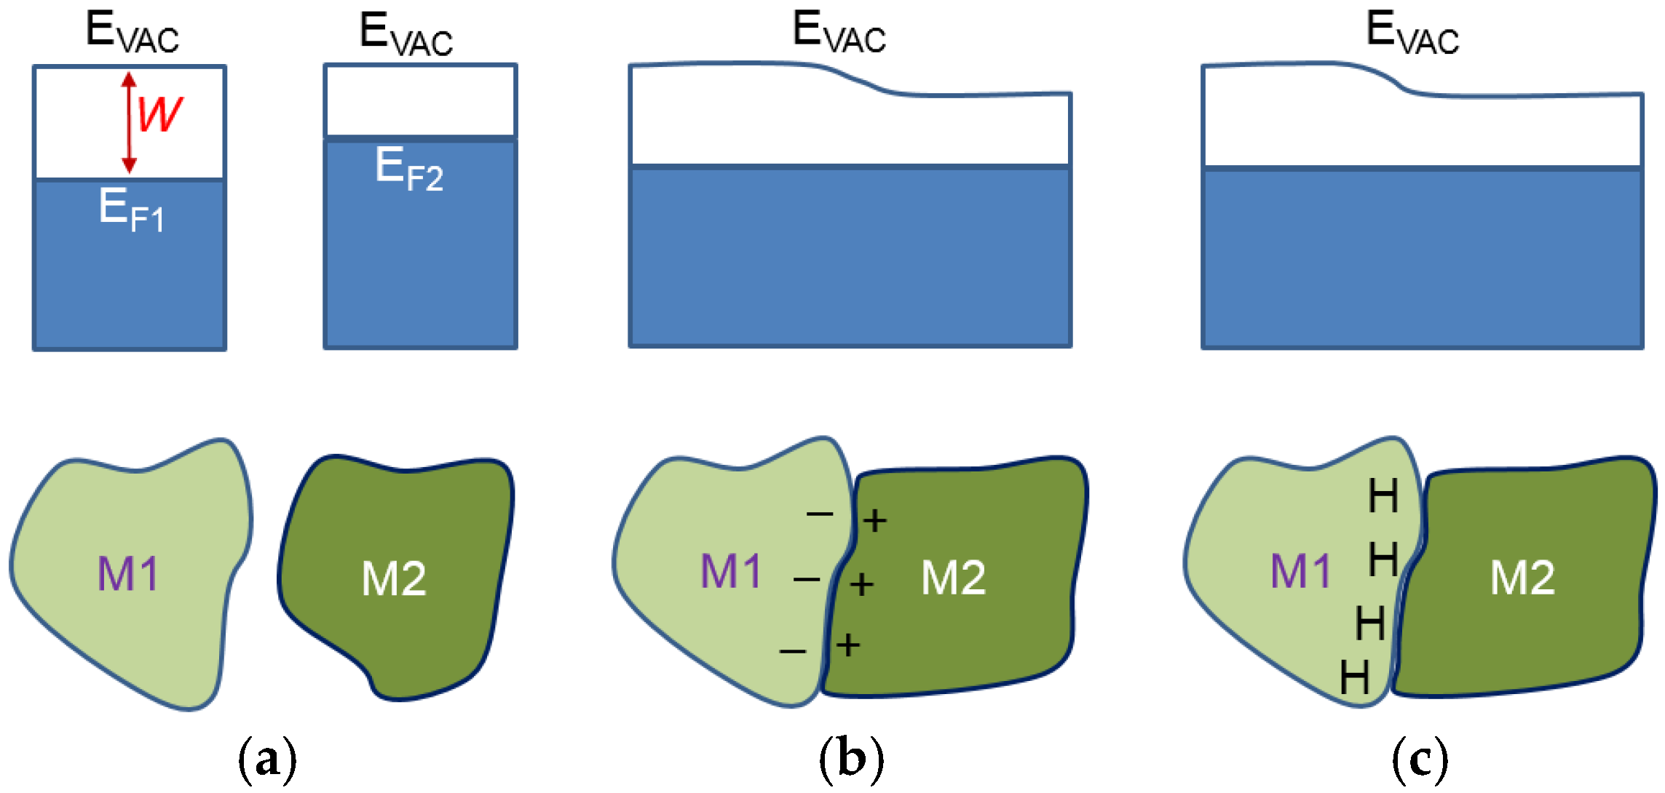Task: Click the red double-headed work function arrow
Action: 129,122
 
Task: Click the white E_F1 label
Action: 132,210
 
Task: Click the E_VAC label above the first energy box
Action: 132,33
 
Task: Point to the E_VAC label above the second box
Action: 406,34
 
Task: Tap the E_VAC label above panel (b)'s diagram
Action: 839,33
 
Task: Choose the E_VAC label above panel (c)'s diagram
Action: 1412,33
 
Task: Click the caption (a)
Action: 267,759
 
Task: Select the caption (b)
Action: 851,759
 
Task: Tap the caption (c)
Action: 1420,759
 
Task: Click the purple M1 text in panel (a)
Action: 128,573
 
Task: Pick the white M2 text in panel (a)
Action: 394,579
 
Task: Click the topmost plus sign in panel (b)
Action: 875,520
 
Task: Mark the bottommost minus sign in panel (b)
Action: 793,651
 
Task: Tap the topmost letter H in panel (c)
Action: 1383,497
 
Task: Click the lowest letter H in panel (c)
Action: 1354,678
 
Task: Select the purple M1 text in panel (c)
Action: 1301,571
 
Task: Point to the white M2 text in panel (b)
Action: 954,578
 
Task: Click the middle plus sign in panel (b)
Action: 861,584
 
